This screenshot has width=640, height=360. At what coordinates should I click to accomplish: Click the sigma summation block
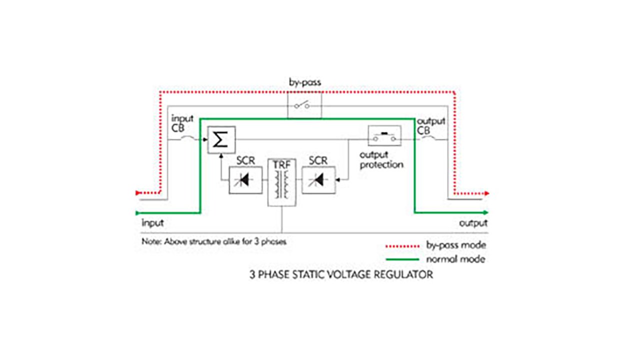(x=221, y=139)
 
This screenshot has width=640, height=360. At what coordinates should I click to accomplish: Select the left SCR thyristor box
(x=245, y=180)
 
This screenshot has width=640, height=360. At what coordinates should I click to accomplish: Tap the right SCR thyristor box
(x=318, y=180)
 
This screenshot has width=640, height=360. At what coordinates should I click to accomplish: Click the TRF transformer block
(x=281, y=182)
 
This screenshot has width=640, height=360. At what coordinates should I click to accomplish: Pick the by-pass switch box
(x=304, y=105)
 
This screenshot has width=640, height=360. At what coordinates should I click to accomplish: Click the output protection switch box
(x=384, y=135)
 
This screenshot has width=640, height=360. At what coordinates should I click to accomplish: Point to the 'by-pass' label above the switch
(x=305, y=82)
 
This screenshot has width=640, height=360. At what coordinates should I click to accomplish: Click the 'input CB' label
(x=182, y=123)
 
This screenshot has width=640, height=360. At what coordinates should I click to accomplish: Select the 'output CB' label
(x=431, y=126)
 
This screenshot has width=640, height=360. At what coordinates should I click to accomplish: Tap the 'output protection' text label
(x=381, y=159)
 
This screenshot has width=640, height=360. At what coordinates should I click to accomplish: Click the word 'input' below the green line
(x=152, y=223)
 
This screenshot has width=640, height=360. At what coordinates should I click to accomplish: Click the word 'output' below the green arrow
(x=473, y=223)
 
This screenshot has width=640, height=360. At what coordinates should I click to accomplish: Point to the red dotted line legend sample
(x=402, y=246)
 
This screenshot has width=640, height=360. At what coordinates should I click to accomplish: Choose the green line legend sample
(x=402, y=259)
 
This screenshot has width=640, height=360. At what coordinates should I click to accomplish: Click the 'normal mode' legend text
(x=455, y=259)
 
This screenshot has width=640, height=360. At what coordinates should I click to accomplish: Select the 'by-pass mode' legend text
(x=456, y=245)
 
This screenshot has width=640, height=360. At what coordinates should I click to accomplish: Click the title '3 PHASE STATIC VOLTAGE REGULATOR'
(x=341, y=274)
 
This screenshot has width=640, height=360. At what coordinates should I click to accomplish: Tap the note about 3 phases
(x=214, y=241)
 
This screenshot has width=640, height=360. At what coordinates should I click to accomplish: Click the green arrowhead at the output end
(x=485, y=212)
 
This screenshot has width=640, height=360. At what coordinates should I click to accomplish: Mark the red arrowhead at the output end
(x=486, y=193)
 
